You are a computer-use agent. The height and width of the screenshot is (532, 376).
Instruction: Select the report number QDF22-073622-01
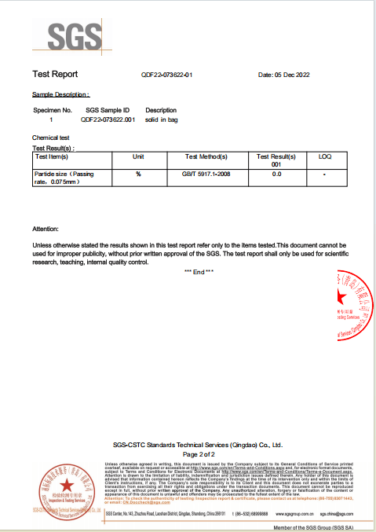[166, 75]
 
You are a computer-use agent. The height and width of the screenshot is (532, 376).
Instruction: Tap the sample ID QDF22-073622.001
[108, 120]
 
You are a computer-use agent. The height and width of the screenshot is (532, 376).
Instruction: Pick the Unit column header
[138, 157]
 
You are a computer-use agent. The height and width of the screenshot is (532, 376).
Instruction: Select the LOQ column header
[325, 157]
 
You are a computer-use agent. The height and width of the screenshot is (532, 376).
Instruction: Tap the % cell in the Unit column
[138, 174]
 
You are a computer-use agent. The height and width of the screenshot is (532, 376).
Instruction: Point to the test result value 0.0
[276, 174]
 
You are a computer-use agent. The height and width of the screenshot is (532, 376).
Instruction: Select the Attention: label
[46, 229]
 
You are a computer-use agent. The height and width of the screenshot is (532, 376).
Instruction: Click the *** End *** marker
[198, 271]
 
